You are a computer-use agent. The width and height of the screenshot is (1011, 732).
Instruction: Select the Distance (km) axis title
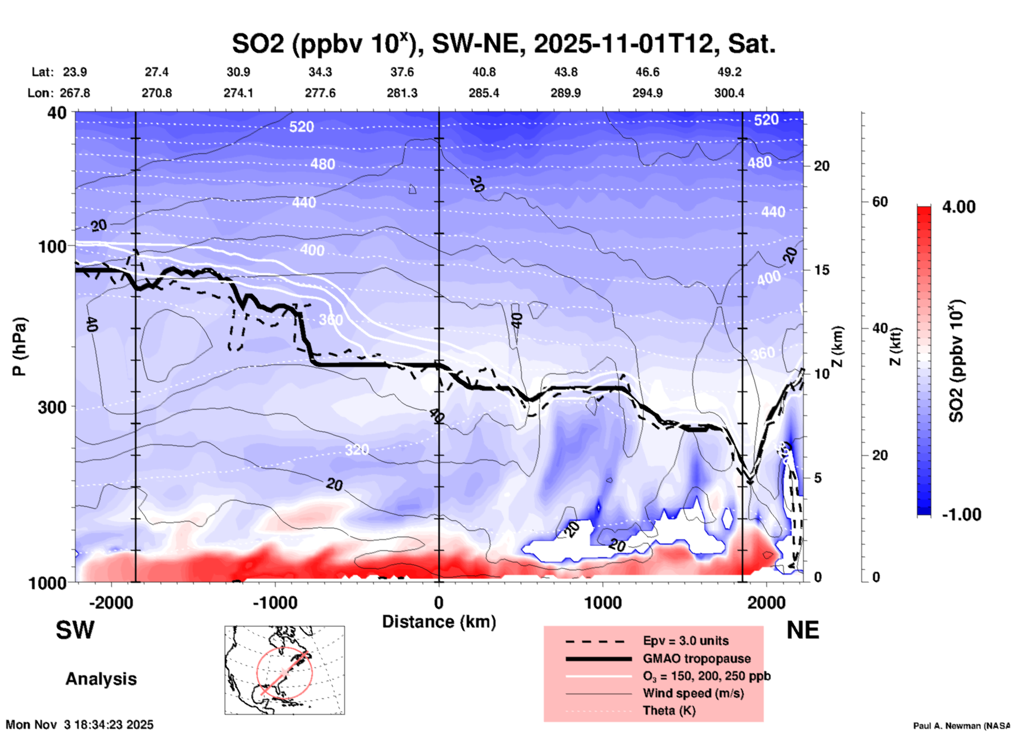439,622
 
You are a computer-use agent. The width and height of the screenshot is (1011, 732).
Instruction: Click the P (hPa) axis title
19,346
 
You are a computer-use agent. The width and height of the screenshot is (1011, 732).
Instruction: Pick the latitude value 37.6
402,72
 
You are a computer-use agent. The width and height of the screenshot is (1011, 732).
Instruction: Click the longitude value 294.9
647,93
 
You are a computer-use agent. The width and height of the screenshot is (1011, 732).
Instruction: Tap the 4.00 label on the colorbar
959,207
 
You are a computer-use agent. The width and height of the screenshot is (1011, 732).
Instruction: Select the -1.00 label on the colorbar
961,515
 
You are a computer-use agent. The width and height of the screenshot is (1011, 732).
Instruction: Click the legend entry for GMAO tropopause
697,658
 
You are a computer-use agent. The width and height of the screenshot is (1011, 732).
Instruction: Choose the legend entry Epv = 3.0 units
686,641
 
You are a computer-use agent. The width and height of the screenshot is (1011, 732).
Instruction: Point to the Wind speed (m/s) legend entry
693,693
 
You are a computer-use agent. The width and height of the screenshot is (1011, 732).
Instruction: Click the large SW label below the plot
75,630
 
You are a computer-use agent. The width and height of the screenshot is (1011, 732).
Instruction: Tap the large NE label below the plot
803,630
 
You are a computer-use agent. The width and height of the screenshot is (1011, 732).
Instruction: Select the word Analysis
101,679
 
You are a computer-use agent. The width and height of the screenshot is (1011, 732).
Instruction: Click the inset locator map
285,670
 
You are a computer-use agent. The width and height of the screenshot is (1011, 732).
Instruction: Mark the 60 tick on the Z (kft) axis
879,202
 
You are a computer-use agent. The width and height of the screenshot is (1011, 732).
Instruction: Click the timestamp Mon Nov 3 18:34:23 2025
80,725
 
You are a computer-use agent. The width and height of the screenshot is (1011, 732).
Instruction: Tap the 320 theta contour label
356,449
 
